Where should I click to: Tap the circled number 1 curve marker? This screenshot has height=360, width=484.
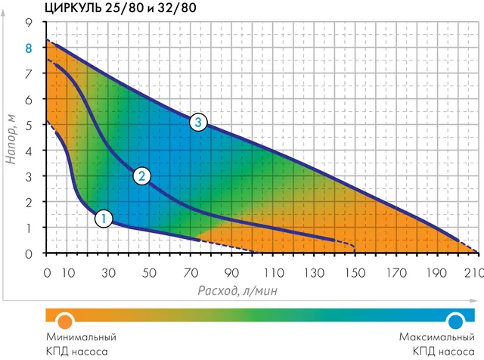coord(104,219)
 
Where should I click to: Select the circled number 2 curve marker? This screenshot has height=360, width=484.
coord(141,177)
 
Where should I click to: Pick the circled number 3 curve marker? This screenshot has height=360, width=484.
coord(197,122)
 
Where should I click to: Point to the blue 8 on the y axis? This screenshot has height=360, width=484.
coord(29,48)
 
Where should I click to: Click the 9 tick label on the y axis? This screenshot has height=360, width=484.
coord(29,23)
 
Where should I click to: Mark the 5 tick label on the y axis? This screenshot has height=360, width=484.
coord(29,125)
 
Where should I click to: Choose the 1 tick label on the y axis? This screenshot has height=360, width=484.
coord(29,228)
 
